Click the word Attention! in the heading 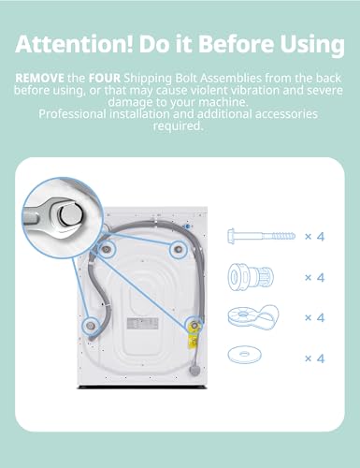(74, 44)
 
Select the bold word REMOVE (40, 78)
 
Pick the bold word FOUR (105, 78)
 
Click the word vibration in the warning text (240, 90)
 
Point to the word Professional (73, 114)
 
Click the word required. (178, 125)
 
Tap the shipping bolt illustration (261, 236)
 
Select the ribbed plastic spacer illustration (251, 276)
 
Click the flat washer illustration (245, 355)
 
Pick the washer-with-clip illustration (253, 316)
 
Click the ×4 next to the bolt (314, 237)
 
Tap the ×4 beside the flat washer (314, 358)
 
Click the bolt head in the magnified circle (69, 213)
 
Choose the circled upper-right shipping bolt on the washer (179, 249)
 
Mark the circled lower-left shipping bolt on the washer (91, 326)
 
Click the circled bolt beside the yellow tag (194, 326)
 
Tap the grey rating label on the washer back (142, 324)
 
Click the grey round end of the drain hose (194, 370)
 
